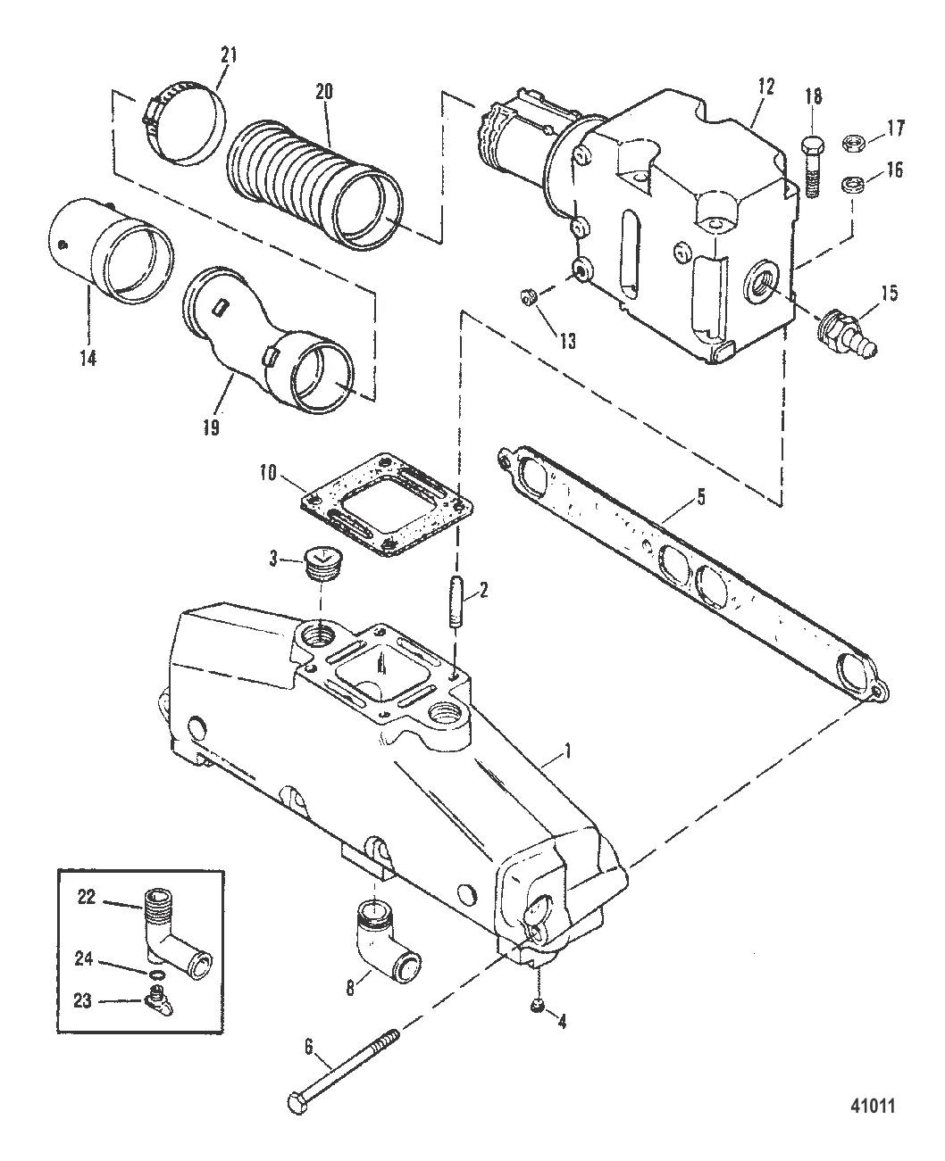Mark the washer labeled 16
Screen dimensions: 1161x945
(851, 185)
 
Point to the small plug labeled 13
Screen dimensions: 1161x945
(529, 298)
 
